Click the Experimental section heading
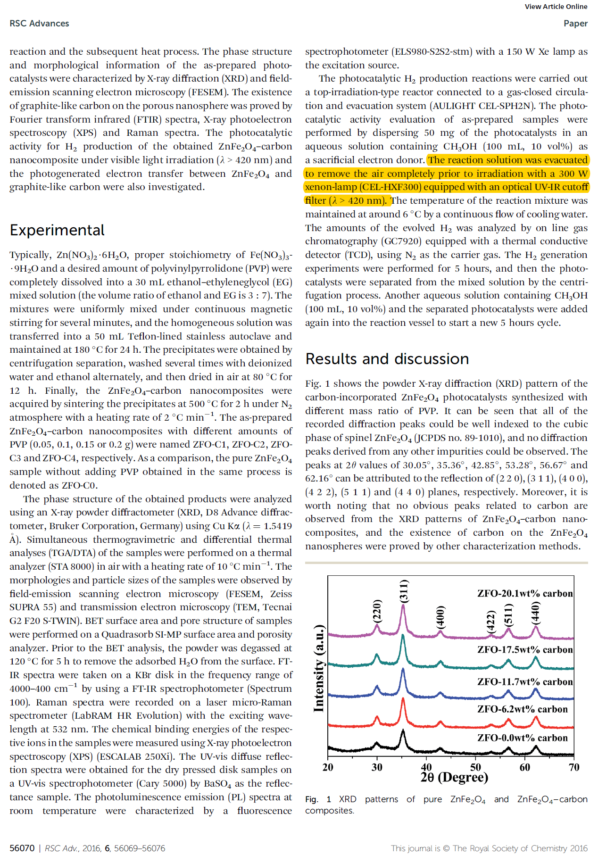pos(57,230)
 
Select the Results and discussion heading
pos(387,359)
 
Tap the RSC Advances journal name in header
pos(39,24)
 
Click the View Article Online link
pos(556,7)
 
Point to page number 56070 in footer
pos(22,848)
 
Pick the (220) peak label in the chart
pos(377,612)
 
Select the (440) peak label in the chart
pos(535,613)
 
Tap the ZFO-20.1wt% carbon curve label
pos(525,594)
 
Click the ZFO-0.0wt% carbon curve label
pos(522,738)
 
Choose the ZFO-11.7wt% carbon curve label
pos(525,682)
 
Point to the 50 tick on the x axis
pos(475,767)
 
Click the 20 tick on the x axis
pos(328,767)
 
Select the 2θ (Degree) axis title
pos(454,777)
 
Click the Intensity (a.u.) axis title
pos(319,668)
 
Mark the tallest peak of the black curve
pos(403,731)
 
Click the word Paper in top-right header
pos(575,24)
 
